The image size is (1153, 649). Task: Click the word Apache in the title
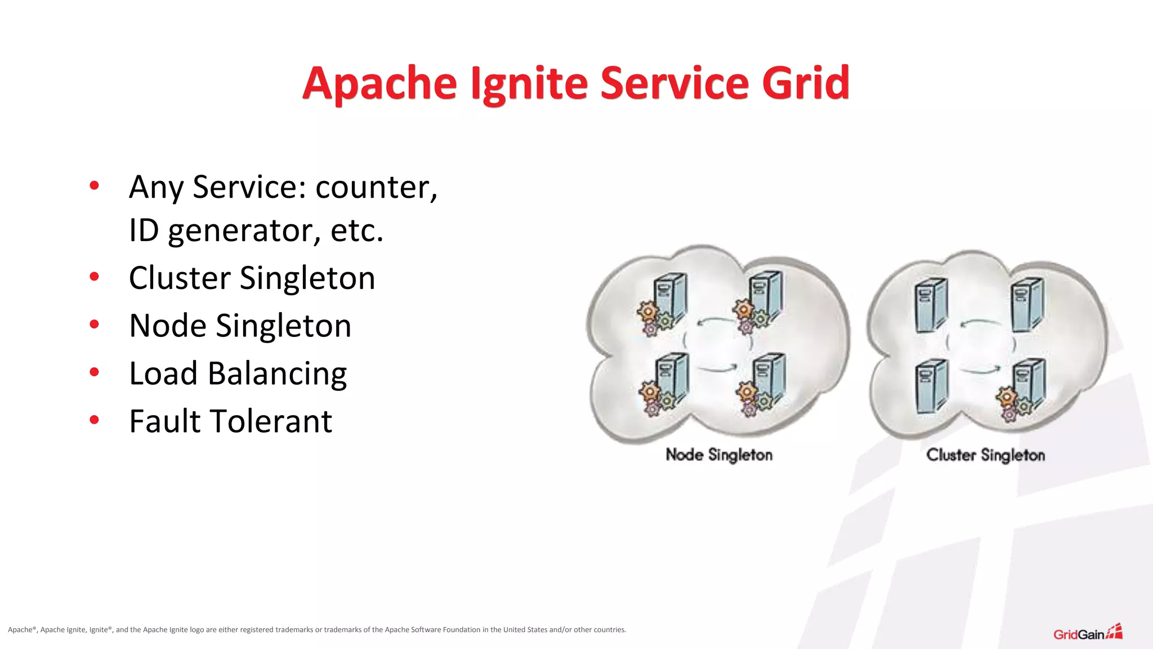pyautogui.click(x=379, y=84)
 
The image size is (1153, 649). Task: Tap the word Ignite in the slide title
pyautogui.click(x=529, y=84)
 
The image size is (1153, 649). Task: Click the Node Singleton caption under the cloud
pyautogui.click(x=719, y=455)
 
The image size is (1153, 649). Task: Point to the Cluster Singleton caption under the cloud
pyautogui.click(x=985, y=455)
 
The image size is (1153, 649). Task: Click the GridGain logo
pyautogui.click(x=1087, y=633)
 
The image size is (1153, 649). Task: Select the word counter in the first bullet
pyautogui.click(x=376, y=188)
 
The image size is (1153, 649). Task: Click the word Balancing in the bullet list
pyautogui.click(x=277, y=374)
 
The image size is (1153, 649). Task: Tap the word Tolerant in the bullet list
pyautogui.click(x=270, y=421)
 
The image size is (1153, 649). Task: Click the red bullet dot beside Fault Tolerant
pyautogui.click(x=94, y=420)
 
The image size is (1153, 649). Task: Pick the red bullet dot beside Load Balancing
pyautogui.click(x=94, y=372)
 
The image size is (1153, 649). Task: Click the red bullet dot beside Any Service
pyautogui.click(x=94, y=185)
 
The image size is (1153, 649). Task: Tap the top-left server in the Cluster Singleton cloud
pyautogui.click(x=931, y=305)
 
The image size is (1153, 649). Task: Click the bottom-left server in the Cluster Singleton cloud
pyautogui.click(x=931, y=386)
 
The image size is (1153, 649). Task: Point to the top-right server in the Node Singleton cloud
pyautogui.click(x=766, y=296)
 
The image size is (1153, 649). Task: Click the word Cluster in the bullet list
pyautogui.click(x=180, y=278)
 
